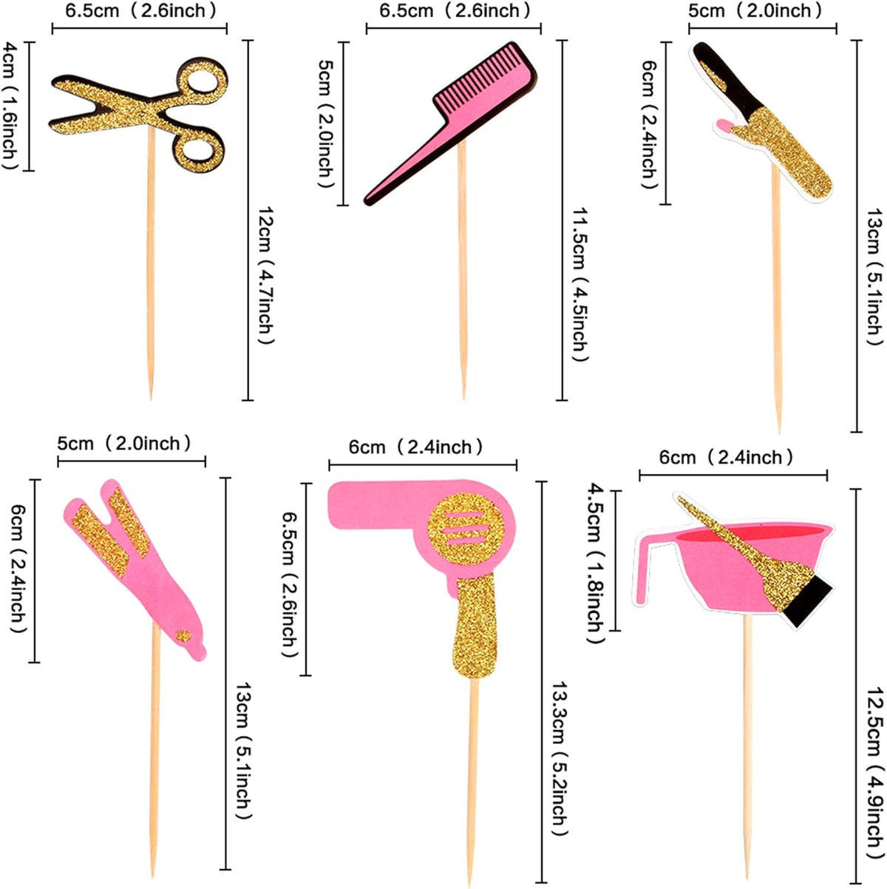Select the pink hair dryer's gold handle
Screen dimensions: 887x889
[475, 625]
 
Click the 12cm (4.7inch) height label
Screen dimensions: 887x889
[266, 275]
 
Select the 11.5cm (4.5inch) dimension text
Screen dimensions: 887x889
[580, 284]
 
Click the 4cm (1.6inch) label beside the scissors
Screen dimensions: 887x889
[10, 105]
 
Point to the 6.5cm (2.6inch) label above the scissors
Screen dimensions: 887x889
[140, 11]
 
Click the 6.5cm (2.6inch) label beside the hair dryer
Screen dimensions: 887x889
[290, 579]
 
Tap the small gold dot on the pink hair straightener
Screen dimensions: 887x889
[183, 636]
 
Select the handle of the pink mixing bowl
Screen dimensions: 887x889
[644, 571]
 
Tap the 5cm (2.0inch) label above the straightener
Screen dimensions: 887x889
[124, 443]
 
